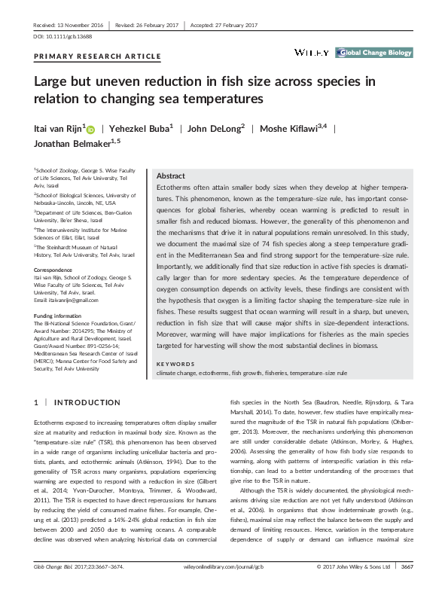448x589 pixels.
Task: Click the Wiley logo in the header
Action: click(x=312, y=52)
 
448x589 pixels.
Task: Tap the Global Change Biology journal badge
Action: click(x=373, y=53)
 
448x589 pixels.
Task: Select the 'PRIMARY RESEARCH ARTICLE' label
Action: click(x=98, y=56)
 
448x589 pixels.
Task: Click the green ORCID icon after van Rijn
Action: click(x=91, y=130)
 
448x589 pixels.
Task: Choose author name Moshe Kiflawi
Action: click(x=294, y=129)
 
